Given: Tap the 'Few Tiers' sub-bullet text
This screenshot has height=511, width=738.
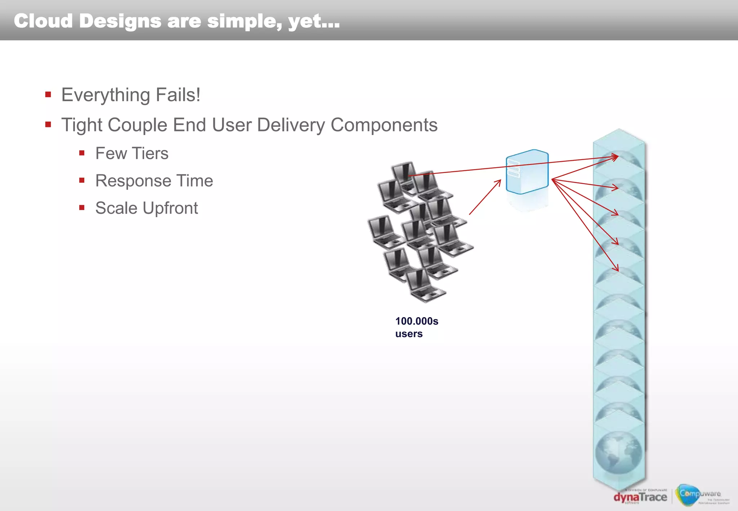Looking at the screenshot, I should point(132,154).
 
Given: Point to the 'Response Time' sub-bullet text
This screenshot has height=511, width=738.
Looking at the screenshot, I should point(154,181).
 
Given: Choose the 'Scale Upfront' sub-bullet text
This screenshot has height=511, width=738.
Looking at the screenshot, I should point(146,208).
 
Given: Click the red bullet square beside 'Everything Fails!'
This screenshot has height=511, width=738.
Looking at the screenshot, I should point(48,95).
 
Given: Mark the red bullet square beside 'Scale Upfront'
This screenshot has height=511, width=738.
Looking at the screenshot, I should point(82,208).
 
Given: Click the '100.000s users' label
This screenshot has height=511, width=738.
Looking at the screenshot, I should point(416,327).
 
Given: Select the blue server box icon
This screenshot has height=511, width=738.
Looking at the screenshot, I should point(527,172).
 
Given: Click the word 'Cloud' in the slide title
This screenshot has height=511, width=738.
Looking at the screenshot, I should point(43,21).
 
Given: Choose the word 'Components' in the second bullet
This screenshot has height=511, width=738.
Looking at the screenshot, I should point(384,125).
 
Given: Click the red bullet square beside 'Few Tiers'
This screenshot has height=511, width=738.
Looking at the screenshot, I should point(82,153).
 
